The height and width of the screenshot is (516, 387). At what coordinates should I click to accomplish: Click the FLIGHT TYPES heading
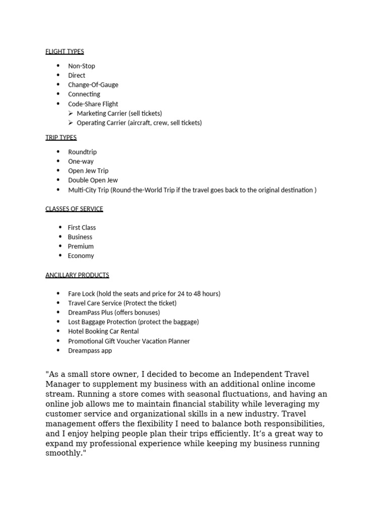(64, 51)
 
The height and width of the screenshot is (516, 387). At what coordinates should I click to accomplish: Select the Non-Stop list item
(82, 66)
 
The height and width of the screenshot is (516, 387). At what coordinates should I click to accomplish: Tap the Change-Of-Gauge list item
(93, 85)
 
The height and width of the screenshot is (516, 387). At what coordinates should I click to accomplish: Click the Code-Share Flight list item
(93, 104)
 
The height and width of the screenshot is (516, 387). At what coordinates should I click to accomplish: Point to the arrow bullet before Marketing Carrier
(71, 113)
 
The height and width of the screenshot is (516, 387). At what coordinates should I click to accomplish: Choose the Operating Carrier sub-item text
(139, 122)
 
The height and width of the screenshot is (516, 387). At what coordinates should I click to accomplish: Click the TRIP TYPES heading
(61, 138)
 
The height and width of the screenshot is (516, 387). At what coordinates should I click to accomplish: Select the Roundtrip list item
(82, 152)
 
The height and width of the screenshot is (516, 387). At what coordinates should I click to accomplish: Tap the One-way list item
(81, 161)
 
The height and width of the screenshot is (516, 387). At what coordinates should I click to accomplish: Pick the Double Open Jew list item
(93, 180)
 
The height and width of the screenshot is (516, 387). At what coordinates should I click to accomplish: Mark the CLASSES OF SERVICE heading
(74, 209)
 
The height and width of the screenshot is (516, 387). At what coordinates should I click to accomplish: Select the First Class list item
(82, 227)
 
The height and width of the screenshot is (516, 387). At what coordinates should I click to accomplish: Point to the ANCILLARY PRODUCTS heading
(77, 275)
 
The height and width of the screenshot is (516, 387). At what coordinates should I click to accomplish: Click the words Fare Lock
(81, 294)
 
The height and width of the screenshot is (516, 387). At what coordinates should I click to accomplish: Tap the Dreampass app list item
(90, 350)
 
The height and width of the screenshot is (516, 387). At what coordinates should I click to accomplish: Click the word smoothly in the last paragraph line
(64, 453)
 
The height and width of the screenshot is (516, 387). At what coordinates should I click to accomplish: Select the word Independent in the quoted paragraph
(245, 374)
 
